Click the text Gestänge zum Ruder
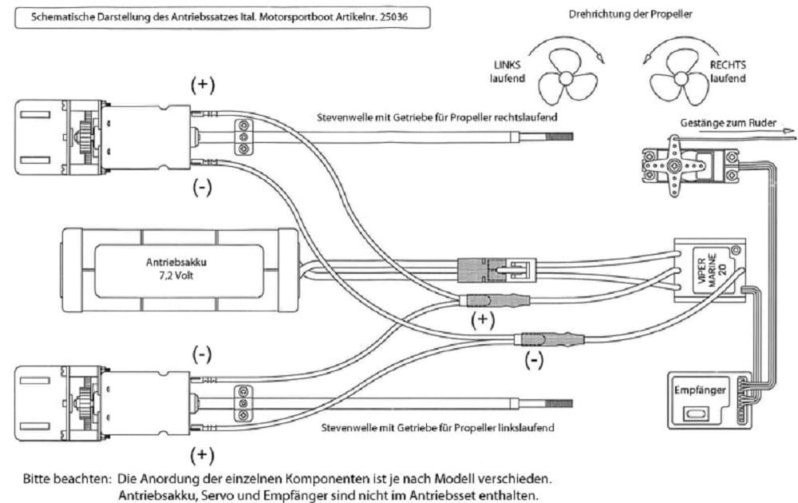coord(725,125)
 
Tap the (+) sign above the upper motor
coord(203,84)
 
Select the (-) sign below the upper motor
coord(203,188)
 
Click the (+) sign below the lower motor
coord(203,454)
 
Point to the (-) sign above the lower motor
coord(203,353)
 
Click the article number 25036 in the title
coord(391,17)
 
